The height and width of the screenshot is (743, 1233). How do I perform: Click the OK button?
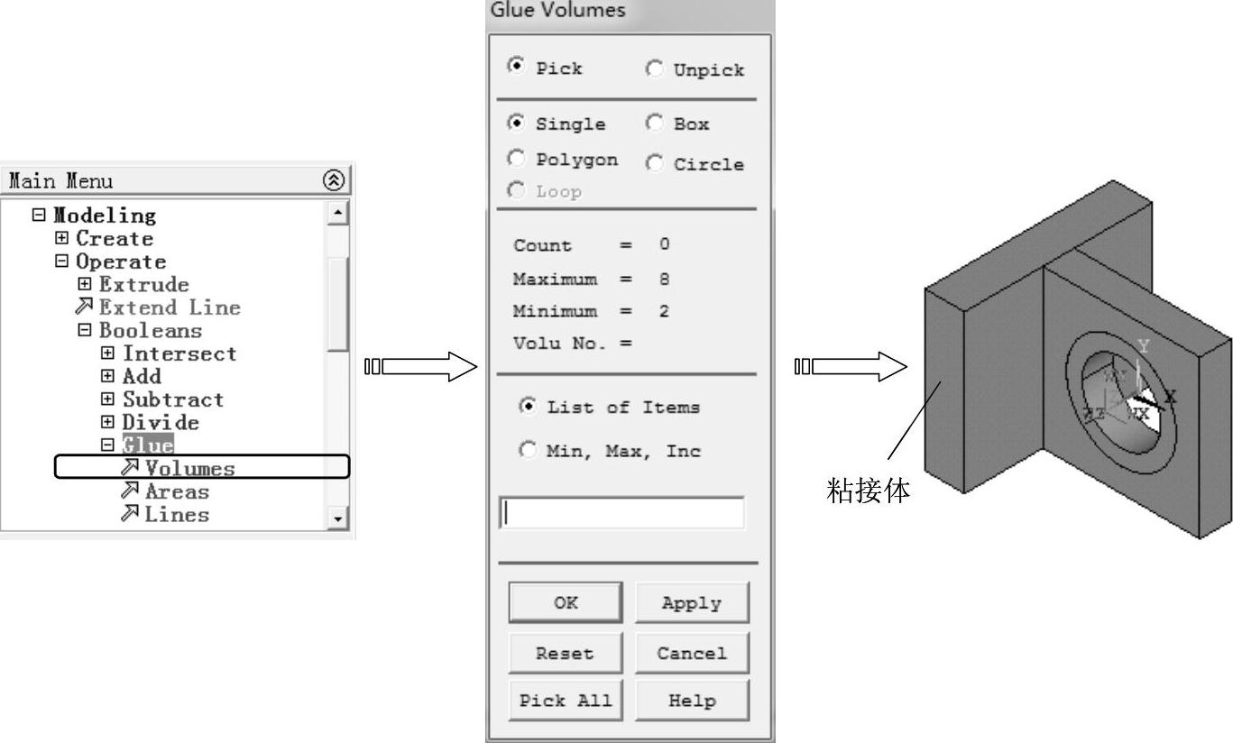click(566, 602)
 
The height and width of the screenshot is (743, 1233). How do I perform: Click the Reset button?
click(566, 654)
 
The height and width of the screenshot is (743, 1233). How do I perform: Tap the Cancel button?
click(692, 654)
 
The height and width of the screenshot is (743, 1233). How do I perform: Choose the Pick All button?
click(566, 701)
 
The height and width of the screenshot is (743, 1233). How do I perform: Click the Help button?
click(692, 701)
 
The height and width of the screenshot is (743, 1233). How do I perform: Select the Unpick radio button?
click(655, 69)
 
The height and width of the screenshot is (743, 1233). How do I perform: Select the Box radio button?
click(655, 124)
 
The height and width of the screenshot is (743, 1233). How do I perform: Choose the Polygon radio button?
click(517, 160)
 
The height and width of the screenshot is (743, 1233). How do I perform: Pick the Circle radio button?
click(655, 164)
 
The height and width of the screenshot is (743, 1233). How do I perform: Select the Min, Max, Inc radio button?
click(528, 451)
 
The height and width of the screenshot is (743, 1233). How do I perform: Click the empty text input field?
click(622, 513)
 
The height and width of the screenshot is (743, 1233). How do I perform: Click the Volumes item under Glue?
click(189, 468)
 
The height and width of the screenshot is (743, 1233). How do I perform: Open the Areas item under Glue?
click(176, 491)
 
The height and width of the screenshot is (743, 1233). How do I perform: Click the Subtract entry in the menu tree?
click(172, 399)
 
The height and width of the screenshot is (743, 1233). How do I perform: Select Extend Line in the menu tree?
click(169, 307)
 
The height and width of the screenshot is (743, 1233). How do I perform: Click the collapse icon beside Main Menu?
click(334, 180)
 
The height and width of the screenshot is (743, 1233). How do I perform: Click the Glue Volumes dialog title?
click(557, 11)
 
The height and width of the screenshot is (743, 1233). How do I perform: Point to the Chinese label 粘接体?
click(869, 491)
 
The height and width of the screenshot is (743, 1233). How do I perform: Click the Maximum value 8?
click(665, 279)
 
